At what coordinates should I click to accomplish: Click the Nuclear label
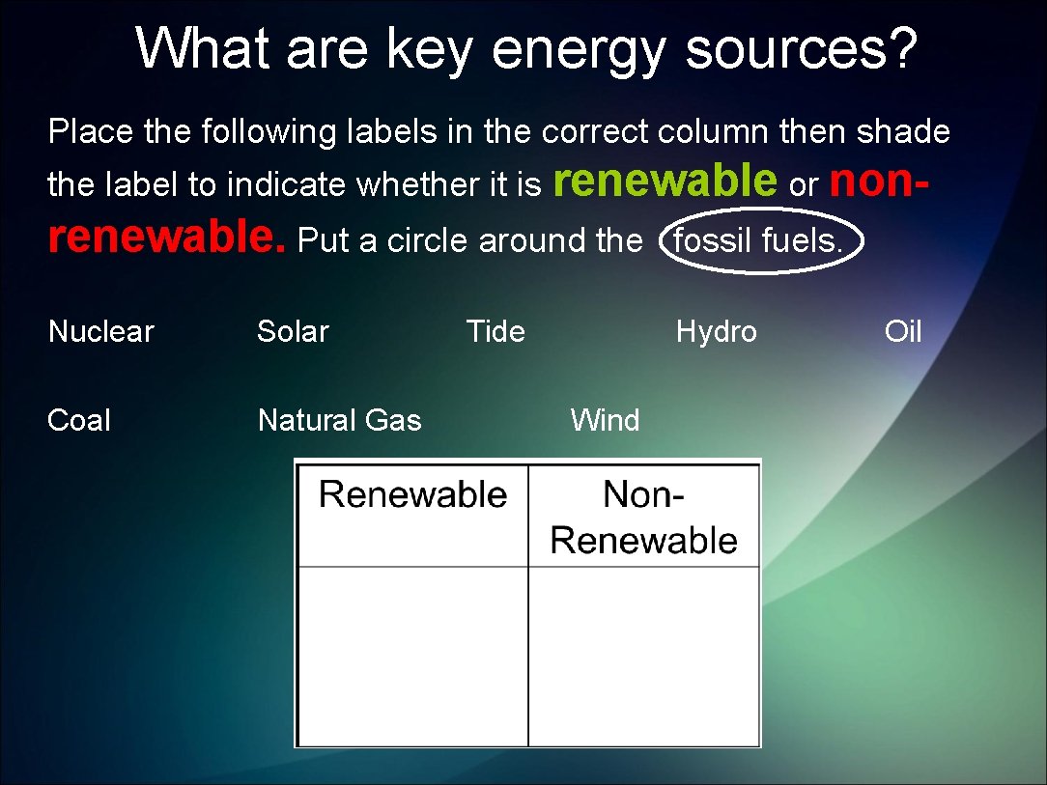click(101, 332)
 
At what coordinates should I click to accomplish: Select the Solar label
click(293, 332)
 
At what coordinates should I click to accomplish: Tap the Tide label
click(495, 332)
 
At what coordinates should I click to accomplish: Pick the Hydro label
click(716, 332)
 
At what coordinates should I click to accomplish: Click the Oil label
click(903, 332)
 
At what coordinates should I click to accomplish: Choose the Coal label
click(79, 421)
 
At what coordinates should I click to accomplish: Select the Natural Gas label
click(339, 421)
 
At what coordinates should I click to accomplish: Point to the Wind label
click(605, 421)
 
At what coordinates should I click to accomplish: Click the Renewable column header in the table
click(412, 495)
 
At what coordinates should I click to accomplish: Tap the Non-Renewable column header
click(643, 518)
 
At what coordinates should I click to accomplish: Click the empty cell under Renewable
click(412, 656)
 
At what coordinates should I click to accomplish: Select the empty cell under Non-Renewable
click(643, 656)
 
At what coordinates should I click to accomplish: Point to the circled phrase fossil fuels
click(759, 240)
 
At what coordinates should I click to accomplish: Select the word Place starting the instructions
click(91, 131)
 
